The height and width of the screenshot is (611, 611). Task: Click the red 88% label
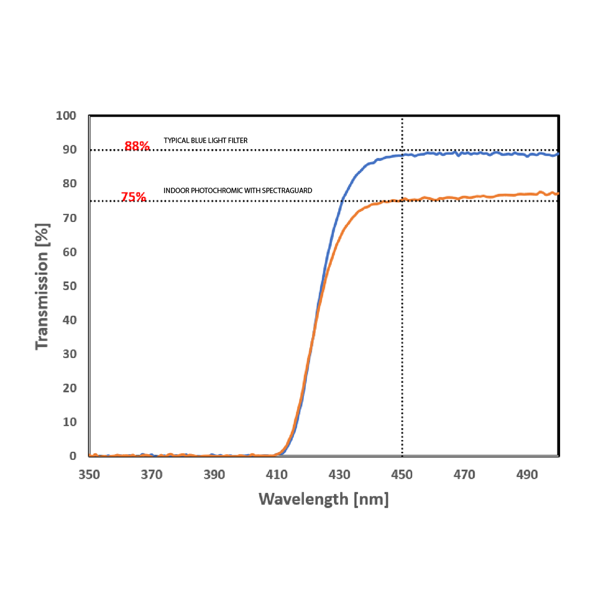pyautogui.click(x=136, y=146)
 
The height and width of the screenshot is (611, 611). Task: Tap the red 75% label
pyautogui.click(x=133, y=197)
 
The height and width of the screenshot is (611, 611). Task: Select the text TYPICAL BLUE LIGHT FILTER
pyautogui.click(x=206, y=141)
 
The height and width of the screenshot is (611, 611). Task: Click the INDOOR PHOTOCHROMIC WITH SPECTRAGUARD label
pyautogui.click(x=238, y=190)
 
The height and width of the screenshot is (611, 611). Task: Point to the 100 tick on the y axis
pyautogui.click(x=66, y=116)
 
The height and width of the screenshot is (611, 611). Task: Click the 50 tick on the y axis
pyautogui.click(x=69, y=286)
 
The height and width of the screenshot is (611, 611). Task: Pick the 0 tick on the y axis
pyautogui.click(x=73, y=456)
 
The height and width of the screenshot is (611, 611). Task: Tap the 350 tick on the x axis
pyautogui.click(x=89, y=475)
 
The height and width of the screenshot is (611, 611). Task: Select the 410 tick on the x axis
pyautogui.click(x=277, y=475)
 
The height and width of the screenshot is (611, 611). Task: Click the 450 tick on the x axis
pyautogui.click(x=402, y=475)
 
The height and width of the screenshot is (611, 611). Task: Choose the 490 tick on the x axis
pyautogui.click(x=527, y=475)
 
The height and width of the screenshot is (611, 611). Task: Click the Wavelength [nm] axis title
pyautogui.click(x=324, y=499)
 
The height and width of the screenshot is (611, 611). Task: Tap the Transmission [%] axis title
pyautogui.click(x=42, y=287)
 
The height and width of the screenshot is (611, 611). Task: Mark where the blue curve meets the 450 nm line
pyautogui.click(x=402, y=155)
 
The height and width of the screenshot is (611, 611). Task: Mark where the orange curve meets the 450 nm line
pyautogui.click(x=402, y=200)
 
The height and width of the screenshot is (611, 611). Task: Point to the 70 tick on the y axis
pyautogui.click(x=69, y=218)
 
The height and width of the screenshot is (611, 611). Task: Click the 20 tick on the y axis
pyautogui.click(x=69, y=388)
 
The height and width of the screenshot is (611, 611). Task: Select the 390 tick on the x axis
pyautogui.click(x=214, y=475)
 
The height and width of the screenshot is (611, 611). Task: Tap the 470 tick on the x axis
pyautogui.click(x=464, y=475)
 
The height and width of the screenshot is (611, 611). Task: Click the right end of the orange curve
pyautogui.click(x=558, y=193)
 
